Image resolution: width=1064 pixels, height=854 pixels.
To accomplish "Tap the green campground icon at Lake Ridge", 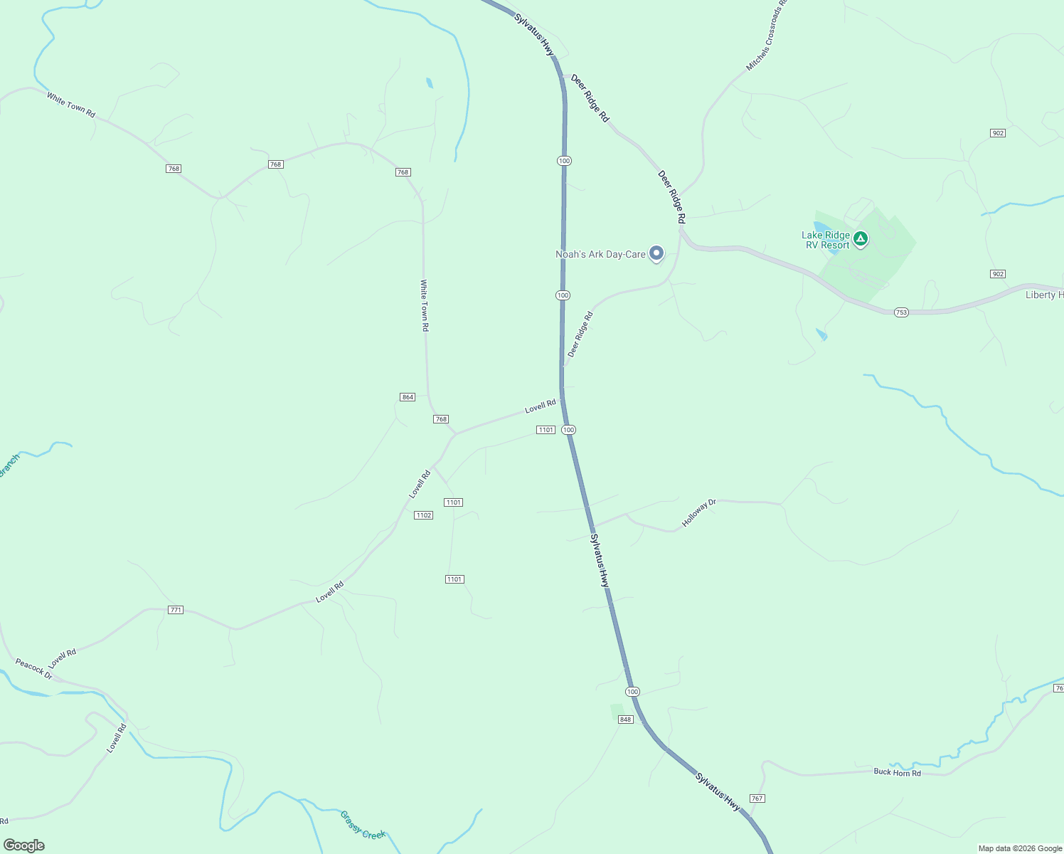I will [861, 239].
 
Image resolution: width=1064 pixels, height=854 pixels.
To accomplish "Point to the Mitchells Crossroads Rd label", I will [767, 36].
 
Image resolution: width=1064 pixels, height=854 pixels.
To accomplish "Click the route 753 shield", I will [901, 312].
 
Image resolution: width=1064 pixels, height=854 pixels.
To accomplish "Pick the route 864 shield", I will [408, 397].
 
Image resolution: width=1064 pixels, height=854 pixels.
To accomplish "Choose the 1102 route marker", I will [424, 515].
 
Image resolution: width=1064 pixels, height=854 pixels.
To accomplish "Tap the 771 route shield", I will [176, 610].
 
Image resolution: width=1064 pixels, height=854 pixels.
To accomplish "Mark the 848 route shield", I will [625, 719].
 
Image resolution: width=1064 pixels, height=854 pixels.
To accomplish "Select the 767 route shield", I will [757, 798].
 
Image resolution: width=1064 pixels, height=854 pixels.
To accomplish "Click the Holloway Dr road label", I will [698, 513].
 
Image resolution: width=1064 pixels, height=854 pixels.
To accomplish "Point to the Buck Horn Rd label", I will [897, 772].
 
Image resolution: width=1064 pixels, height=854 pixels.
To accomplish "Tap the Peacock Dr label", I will [33, 669].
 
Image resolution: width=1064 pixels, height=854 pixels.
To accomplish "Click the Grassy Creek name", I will [363, 825].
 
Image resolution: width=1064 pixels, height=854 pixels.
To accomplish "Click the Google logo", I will [24, 845].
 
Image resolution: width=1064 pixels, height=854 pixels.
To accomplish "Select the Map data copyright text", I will [1019, 848].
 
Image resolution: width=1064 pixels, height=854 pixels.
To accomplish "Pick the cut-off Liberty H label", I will [1044, 295].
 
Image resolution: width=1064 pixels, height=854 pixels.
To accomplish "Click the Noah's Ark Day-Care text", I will [600, 254].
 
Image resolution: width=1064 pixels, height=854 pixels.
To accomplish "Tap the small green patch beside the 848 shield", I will [617, 712].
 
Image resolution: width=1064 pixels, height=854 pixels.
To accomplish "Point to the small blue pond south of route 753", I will [822, 334].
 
